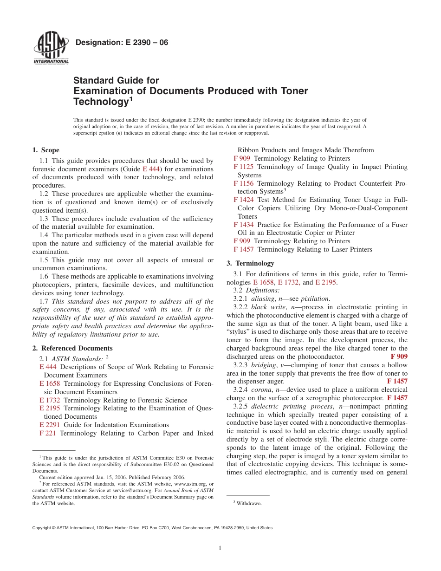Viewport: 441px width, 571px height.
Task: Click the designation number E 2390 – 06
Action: click(122, 43)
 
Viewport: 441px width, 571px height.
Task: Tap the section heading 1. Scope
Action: click(45, 150)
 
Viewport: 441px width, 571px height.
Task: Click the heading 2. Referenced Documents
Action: click(72, 348)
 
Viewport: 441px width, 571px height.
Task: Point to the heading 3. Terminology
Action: click(250, 263)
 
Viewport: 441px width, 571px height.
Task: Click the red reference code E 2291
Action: click(50, 425)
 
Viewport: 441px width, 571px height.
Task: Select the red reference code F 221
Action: click(48, 433)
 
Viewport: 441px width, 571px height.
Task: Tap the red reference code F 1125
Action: click(243, 167)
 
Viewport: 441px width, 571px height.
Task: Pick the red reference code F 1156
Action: click(243, 183)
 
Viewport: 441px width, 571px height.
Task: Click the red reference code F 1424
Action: click(243, 200)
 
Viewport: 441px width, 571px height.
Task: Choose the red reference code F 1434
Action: click(243, 225)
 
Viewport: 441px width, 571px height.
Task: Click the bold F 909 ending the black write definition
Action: click(399, 357)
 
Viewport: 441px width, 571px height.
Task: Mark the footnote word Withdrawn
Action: click(249, 503)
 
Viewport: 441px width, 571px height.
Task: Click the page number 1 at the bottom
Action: click(220, 548)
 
